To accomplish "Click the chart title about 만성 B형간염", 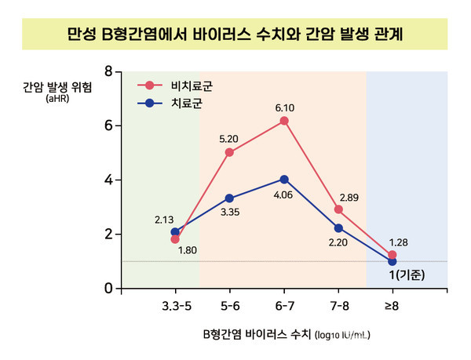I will coord(235,35).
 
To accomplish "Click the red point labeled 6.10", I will coord(284,121).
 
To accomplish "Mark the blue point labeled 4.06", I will coord(284,180).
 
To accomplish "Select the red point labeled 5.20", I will coord(229,152).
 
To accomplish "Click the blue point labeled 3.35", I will coord(229,198).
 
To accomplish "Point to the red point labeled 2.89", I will coord(338,209).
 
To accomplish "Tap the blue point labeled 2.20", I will coord(338,228).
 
